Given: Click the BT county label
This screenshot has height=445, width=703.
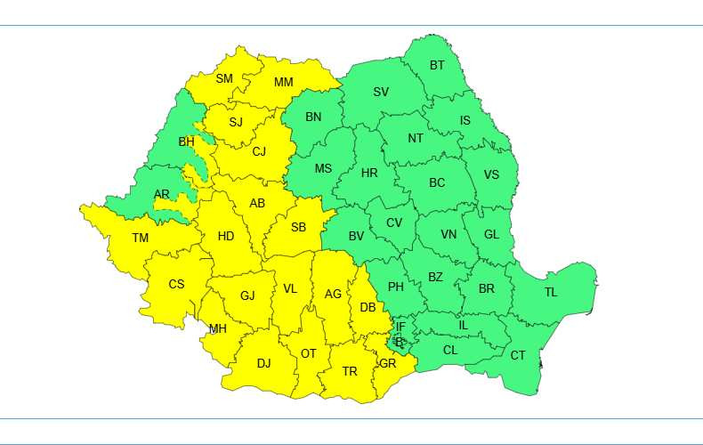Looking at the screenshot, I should click(437, 66).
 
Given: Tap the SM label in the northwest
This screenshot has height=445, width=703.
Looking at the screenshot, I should click(224, 79).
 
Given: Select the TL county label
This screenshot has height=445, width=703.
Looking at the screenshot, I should click(551, 292).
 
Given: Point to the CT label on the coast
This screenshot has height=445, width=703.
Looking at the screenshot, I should click(518, 356).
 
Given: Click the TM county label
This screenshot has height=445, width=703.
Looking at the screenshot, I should click(141, 238).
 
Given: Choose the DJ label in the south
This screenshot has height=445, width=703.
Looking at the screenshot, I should click(263, 363).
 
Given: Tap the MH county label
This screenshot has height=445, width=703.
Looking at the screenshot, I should click(218, 328).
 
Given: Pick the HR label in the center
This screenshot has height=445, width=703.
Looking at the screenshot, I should click(369, 173).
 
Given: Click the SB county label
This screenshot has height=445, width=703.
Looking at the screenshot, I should click(298, 228).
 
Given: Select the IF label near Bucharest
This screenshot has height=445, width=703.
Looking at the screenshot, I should click(400, 328).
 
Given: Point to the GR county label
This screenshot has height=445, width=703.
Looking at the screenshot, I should click(388, 363).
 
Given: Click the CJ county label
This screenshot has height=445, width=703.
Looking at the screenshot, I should click(259, 151).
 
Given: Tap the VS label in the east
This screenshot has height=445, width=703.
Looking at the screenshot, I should click(491, 174).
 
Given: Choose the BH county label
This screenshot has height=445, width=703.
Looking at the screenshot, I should click(186, 142).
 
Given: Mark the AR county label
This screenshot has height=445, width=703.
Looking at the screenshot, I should click(161, 194).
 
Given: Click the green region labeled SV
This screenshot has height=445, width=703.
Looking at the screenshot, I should click(381, 93).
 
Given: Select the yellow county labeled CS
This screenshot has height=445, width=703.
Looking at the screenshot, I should click(176, 285).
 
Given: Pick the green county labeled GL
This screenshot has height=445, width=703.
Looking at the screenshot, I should click(491, 235).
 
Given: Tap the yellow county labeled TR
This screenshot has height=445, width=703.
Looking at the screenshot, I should click(350, 371).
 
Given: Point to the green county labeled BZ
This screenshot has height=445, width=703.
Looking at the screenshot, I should click(435, 278).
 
